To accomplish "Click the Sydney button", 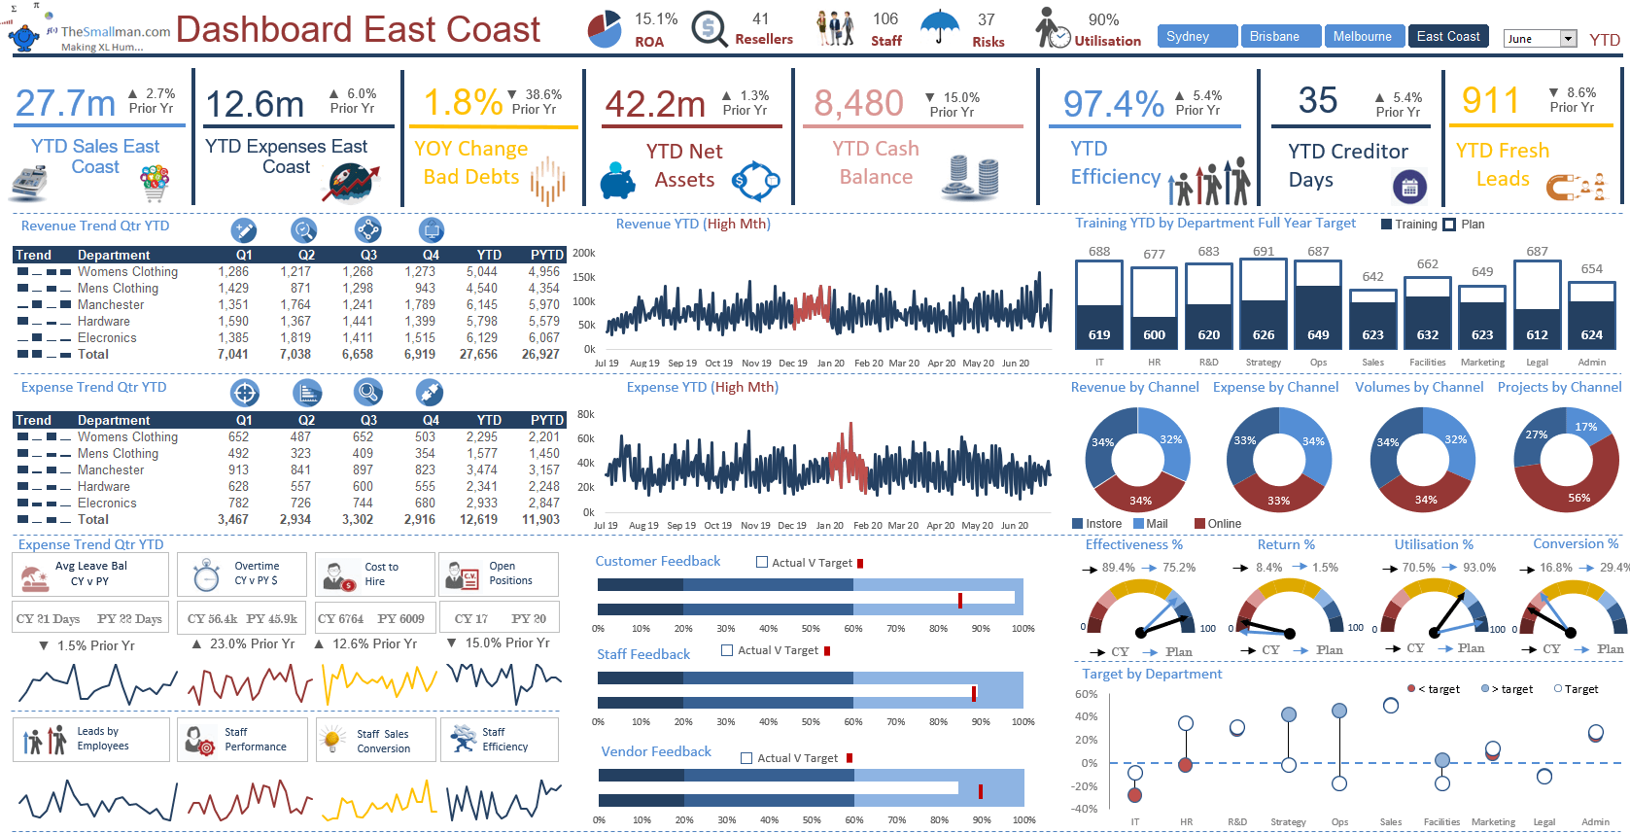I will (1196, 37).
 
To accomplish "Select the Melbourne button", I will (1362, 37).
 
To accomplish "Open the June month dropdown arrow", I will (1568, 39).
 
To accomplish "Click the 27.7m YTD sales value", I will (65, 103).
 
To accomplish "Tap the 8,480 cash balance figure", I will (858, 103).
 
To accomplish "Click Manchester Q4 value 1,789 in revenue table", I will (420, 305).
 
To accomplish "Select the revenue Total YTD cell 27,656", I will (478, 355).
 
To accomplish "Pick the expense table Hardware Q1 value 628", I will (238, 487).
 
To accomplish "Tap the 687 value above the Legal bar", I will (1537, 252).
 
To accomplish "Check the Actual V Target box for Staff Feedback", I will (727, 650).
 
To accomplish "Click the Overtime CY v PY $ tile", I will (242, 574).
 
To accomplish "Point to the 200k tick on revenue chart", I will (584, 253).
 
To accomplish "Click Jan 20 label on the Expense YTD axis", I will (829, 526).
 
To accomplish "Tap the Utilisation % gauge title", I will (1433, 544).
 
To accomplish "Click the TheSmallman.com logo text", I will (115, 32).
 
